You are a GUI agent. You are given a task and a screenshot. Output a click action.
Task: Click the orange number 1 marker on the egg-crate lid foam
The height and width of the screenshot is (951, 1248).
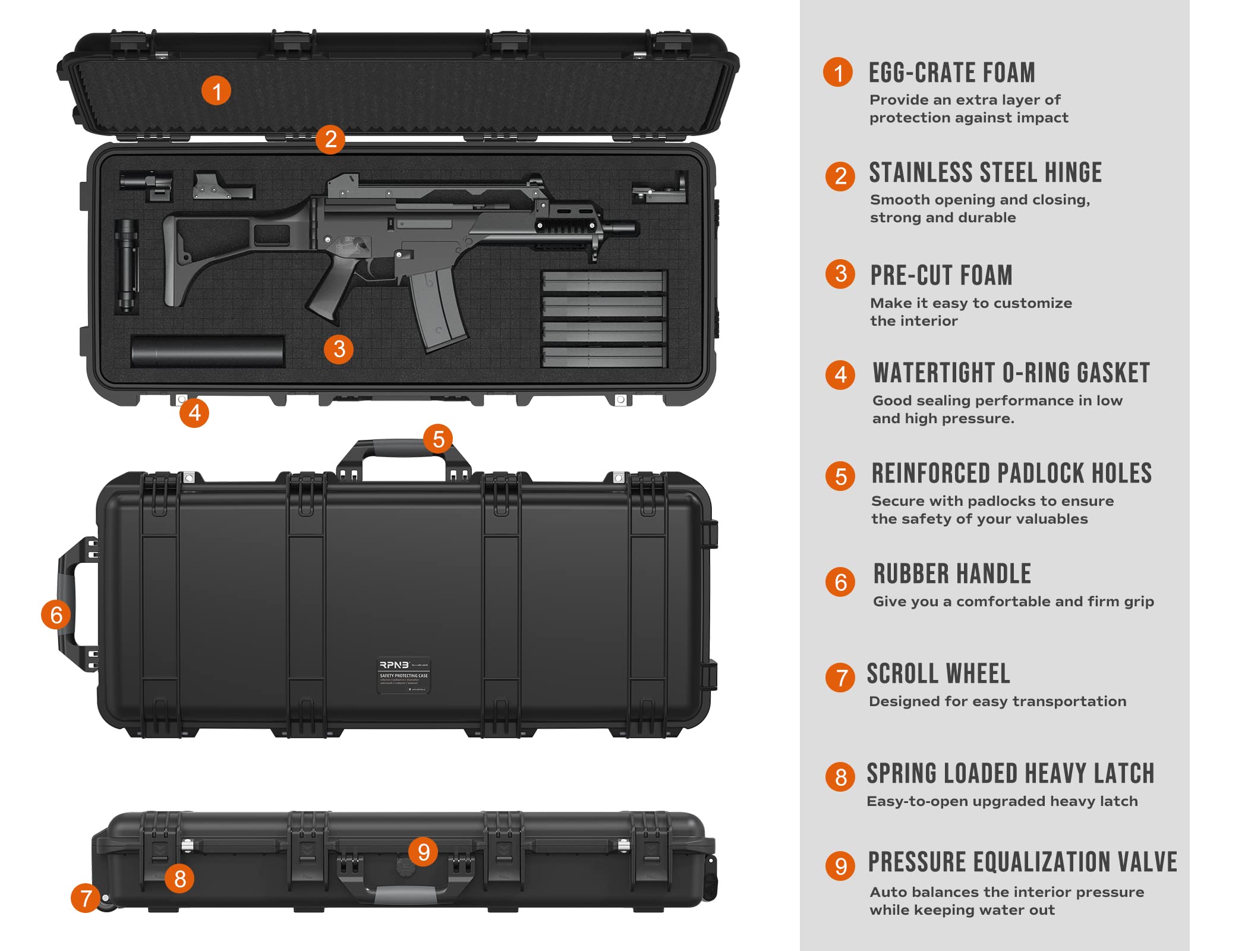click(x=216, y=91)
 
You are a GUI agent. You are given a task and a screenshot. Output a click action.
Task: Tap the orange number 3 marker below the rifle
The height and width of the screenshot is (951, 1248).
click(x=339, y=349)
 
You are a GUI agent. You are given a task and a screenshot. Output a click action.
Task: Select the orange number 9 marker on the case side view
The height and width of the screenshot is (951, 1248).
click(x=423, y=852)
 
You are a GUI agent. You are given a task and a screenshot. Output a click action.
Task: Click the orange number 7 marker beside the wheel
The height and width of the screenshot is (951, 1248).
click(x=86, y=898)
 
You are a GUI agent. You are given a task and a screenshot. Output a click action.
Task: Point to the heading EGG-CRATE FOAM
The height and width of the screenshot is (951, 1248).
click(x=951, y=73)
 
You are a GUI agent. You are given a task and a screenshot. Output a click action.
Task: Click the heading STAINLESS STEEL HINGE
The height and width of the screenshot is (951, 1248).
click(x=985, y=173)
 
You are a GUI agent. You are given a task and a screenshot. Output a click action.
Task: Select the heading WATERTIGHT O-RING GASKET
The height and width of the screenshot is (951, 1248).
click(x=1011, y=373)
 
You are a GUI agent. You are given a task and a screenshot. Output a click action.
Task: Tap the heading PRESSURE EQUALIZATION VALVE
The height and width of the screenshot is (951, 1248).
click(x=1022, y=862)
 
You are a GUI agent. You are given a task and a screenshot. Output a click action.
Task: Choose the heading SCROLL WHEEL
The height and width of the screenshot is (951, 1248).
click(x=938, y=674)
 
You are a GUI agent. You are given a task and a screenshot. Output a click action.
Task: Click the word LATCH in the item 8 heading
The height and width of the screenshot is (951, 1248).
click(x=1125, y=774)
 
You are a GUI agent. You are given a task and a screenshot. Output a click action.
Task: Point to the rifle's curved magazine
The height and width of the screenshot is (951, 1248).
click(x=437, y=309)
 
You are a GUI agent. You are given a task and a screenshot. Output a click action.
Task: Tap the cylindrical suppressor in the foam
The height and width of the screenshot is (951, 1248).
click(x=207, y=351)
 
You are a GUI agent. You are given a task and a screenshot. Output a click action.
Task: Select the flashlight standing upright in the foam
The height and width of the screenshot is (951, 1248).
click(x=127, y=266)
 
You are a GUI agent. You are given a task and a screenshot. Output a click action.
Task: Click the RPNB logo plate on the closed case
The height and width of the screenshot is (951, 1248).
click(x=404, y=675)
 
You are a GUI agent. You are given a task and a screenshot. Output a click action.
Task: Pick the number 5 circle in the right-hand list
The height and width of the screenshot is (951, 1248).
click(x=840, y=476)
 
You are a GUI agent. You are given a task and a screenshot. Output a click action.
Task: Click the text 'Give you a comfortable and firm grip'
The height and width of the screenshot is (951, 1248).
click(x=1013, y=602)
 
